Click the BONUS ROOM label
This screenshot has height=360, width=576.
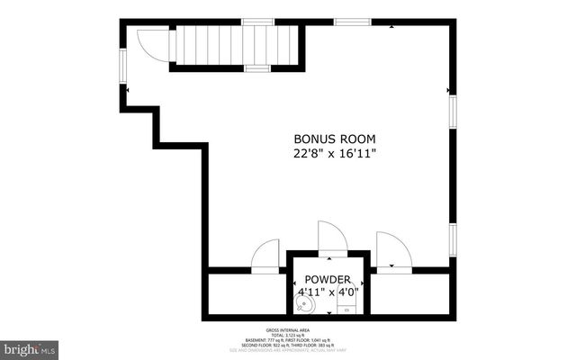(335, 139)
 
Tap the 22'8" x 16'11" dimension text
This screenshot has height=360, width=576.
(335, 154)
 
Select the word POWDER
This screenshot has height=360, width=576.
(327, 280)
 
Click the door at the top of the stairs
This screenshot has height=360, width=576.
(153, 45)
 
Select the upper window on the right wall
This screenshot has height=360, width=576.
(453, 117)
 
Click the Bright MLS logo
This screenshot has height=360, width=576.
(30, 347)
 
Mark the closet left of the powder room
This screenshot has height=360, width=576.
(246, 292)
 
